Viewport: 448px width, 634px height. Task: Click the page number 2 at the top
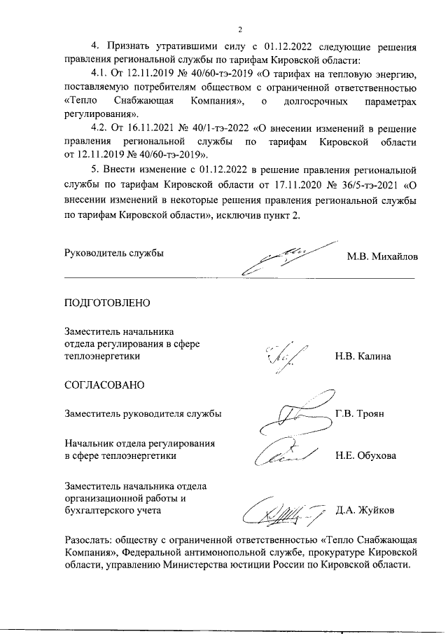click(239, 29)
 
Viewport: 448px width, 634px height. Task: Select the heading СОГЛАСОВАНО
click(104, 385)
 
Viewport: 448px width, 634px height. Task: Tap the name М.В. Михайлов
click(382, 256)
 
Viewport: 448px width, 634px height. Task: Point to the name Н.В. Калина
click(363, 357)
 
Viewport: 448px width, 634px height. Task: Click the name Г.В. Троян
click(359, 413)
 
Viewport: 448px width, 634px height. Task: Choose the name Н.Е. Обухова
click(365, 455)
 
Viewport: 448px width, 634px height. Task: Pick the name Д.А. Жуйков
click(365, 510)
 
